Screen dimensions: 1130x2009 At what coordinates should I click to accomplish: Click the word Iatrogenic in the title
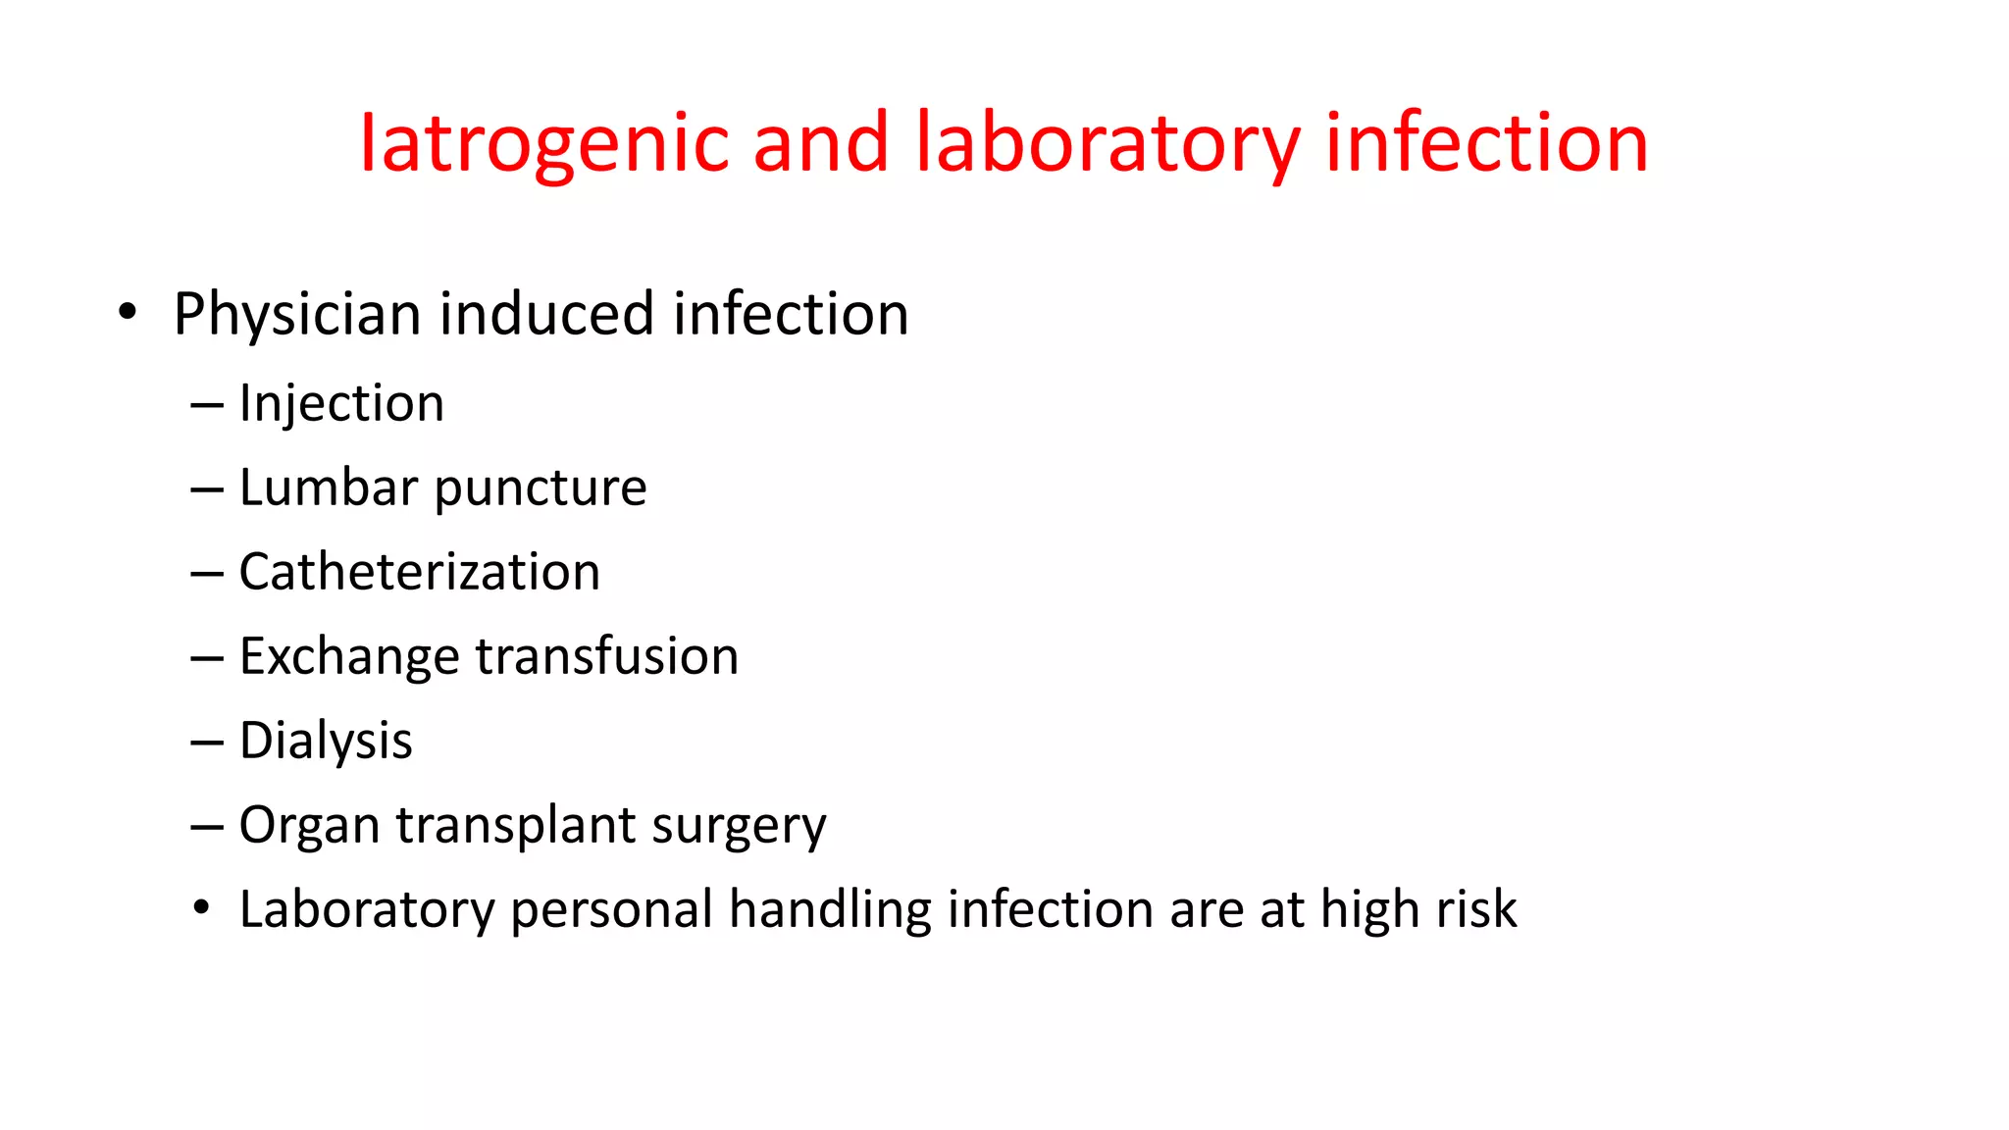(x=543, y=143)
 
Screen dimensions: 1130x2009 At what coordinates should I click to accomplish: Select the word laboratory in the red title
(x=1108, y=143)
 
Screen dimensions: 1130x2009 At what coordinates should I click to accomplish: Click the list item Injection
(x=341, y=403)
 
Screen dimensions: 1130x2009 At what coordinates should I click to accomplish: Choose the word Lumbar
(x=329, y=488)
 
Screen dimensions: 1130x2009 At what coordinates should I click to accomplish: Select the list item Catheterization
(x=420, y=572)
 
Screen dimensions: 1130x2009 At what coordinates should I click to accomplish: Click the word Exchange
(x=349, y=656)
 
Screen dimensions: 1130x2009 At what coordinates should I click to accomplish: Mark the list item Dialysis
(x=326, y=741)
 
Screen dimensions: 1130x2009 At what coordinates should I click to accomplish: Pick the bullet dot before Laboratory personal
(x=201, y=908)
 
